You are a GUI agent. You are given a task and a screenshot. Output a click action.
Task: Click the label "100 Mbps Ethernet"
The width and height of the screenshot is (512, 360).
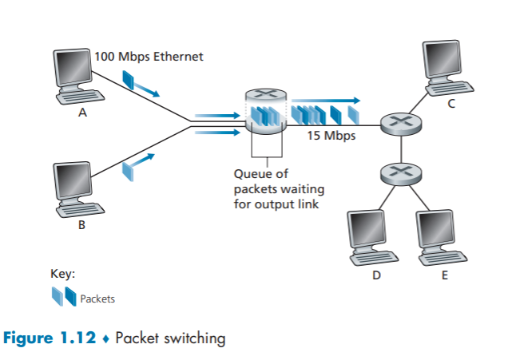coord(149,56)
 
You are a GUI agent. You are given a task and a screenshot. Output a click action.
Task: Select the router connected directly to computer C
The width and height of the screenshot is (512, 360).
coord(396,124)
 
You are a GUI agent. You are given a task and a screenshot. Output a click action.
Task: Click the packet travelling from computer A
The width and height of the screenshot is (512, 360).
coord(131,81)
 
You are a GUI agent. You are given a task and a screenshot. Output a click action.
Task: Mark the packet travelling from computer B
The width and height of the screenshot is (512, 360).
coord(128,168)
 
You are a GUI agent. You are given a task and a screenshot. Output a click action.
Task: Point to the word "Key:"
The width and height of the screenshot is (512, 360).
coord(63,274)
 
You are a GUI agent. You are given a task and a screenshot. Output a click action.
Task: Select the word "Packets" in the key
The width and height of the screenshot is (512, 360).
coord(97,299)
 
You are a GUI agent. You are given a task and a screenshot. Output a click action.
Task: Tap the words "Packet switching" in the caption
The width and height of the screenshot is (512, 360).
coord(170,338)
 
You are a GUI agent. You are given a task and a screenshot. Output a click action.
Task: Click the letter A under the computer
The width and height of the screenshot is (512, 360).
coord(81,113)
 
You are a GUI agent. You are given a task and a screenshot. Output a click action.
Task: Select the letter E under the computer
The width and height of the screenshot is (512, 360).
coord(445,275)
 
